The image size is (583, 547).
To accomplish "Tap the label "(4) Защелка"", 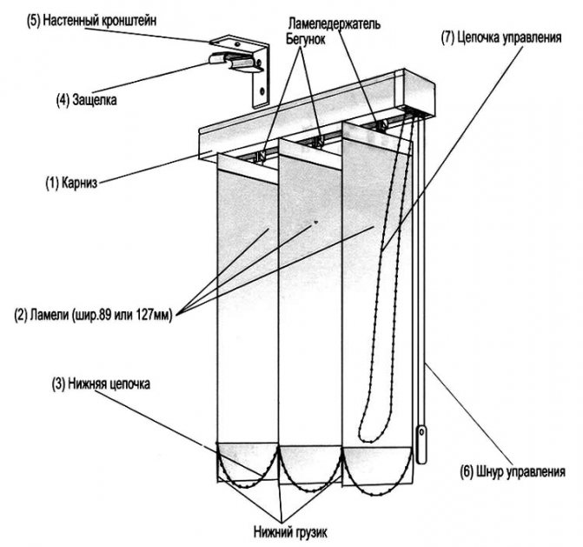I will (86, 100).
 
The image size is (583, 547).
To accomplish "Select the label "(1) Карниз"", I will (72, 183).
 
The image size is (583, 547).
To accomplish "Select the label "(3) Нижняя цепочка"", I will (96, 384).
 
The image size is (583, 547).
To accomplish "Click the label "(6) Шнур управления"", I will (513, 472).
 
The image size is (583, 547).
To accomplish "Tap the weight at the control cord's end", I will (423, 444).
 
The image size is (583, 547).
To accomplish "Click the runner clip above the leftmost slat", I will (260, 156).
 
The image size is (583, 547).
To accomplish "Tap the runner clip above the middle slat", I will (320, 139).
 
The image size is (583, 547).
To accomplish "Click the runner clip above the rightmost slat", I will (381, 124).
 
